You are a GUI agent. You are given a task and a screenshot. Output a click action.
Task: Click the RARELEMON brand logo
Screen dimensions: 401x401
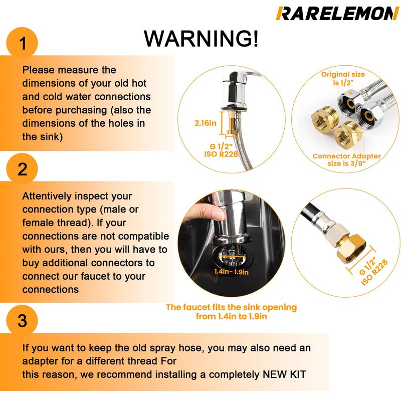point(337,14)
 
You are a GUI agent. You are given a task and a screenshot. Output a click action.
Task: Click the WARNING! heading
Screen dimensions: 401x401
point(201,39)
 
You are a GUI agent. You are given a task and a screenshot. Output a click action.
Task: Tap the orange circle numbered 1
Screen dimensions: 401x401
point(22,43)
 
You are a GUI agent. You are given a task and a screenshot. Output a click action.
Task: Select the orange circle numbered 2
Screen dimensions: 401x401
point(22,169)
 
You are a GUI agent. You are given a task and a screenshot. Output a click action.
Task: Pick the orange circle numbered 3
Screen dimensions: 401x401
point(22,320)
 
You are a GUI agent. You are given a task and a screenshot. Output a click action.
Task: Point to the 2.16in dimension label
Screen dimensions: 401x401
point(206,123)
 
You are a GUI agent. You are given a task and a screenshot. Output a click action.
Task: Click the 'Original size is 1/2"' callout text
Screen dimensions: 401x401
point(343,79)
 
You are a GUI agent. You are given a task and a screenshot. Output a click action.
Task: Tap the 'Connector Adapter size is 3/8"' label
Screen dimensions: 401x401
point(346,159)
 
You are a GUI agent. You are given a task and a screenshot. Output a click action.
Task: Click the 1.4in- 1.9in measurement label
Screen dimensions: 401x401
point(231,272)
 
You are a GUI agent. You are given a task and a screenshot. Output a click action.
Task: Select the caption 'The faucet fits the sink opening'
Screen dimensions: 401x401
point(231,307)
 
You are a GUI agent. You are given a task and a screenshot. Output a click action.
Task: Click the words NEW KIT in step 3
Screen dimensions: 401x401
point(284,374)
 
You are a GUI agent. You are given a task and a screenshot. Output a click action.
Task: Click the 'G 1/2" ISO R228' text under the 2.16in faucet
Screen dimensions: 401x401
point(221,150)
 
